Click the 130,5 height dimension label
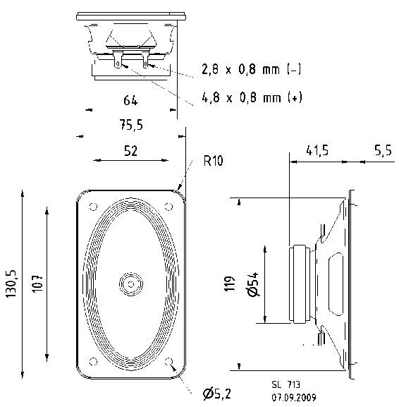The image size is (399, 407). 12,281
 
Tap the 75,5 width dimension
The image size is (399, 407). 130,125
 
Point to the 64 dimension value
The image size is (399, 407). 130,100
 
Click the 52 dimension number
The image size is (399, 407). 130,150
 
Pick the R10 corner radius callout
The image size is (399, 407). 213,161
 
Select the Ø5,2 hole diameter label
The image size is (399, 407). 218,393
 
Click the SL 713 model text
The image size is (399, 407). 285,384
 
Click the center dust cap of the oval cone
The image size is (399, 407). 130,283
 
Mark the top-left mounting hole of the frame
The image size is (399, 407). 92,206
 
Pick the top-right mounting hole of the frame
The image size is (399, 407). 168,206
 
